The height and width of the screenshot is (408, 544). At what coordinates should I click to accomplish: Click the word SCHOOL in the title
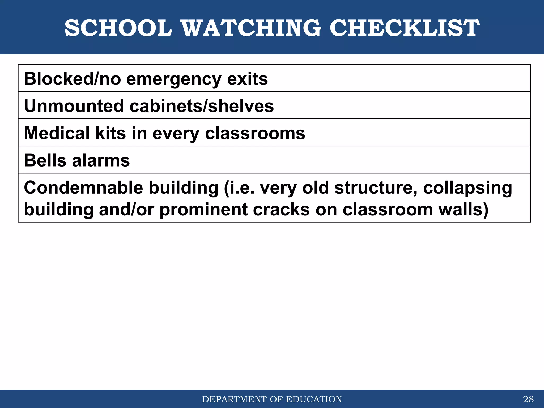[x=118, y=28]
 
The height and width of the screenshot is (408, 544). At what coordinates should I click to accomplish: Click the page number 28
[x=528, y=399]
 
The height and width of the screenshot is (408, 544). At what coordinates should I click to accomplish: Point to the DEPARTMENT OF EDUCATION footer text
[x=272, y=399]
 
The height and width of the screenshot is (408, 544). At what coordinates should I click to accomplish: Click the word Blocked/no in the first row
[x=72, y=79]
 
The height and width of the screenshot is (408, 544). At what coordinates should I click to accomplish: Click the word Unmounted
[x=74, y=106]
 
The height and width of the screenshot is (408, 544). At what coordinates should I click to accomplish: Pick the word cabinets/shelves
[x=202, y=106]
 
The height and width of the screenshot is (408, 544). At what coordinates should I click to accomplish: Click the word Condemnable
[x=83, y=188]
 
